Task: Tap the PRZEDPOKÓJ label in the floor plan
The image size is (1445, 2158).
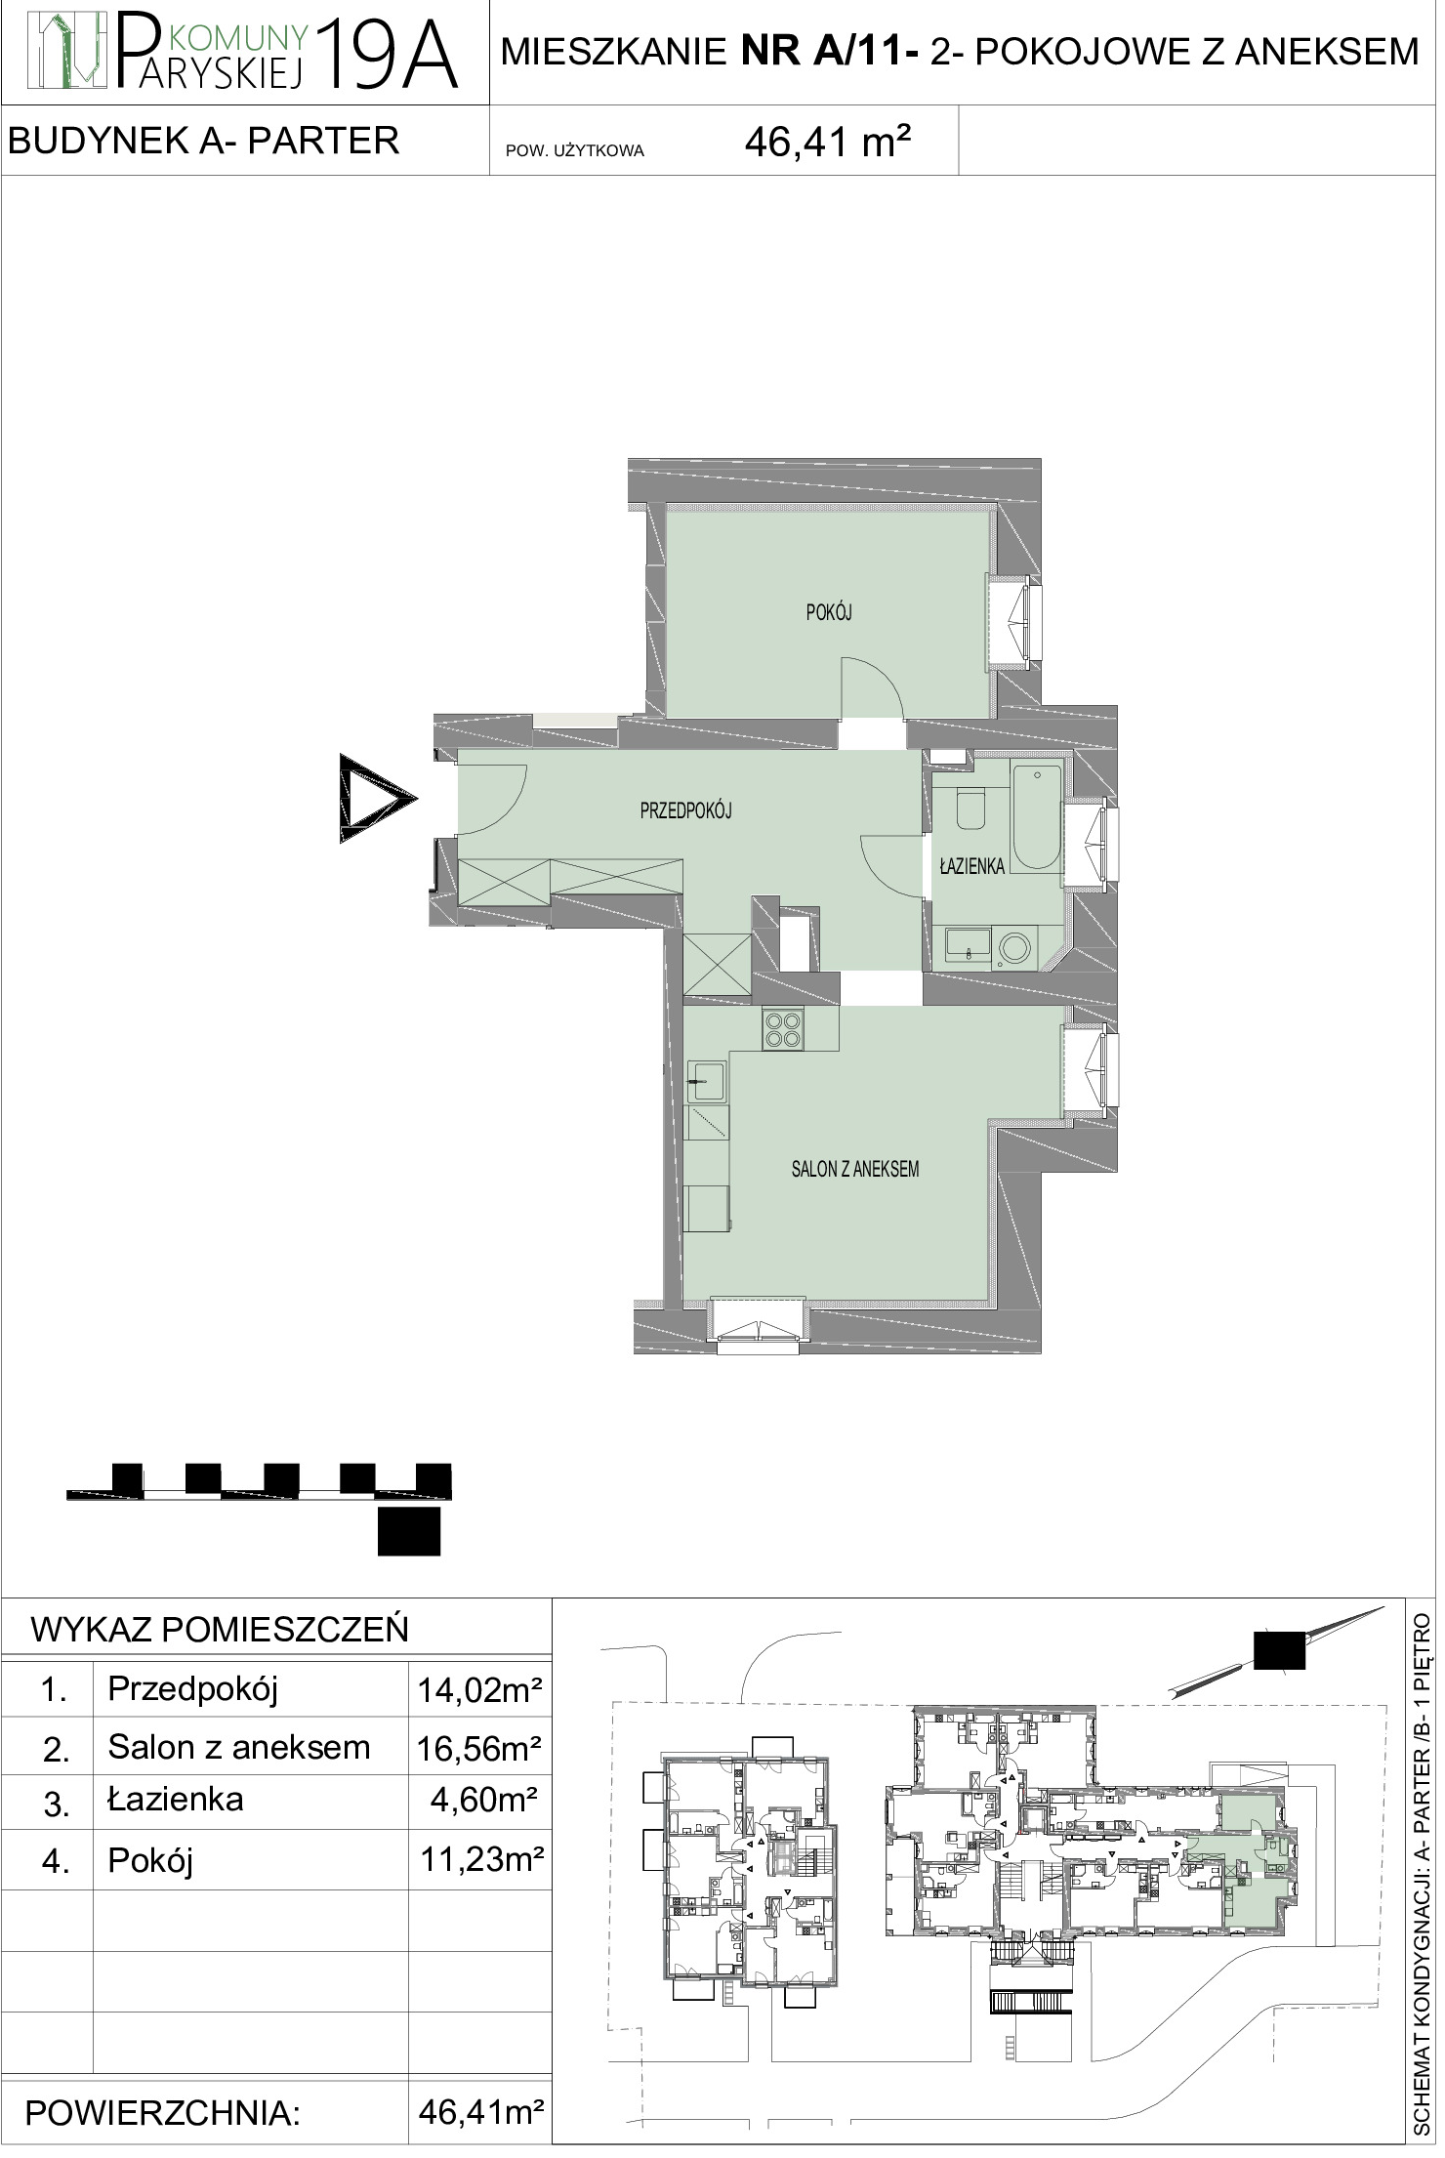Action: (685, 809)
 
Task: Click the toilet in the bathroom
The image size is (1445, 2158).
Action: (970, 809)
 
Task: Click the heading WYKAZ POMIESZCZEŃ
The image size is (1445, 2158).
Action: (220, 1630)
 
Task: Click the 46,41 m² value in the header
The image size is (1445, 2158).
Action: (828, 145)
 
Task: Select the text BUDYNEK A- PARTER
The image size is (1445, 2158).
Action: (204, 141)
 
